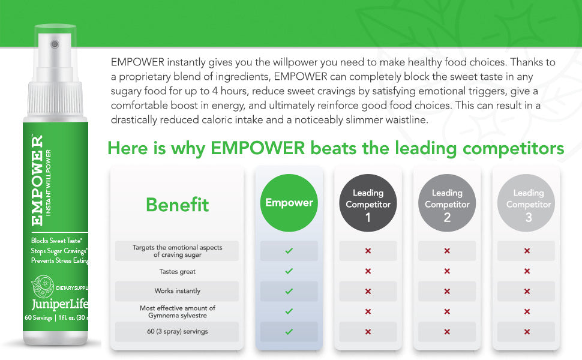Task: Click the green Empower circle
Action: pos(289,203)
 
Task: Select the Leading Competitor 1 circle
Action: pos(368,203)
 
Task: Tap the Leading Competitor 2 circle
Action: pos(447,203)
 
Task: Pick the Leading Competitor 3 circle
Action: pos(528,203)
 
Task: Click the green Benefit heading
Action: pos(178,205)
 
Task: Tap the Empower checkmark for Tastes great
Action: pos(289,271)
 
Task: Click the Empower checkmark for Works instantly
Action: pos(289,291)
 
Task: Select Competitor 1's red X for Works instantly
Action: pos(368,291)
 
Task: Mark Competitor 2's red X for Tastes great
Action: pos(447,271)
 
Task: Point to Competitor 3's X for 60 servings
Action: pos(527,332)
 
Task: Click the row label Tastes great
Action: pos(178,271)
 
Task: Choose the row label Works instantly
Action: pos(178,291)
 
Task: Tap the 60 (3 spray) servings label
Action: pos(178,332)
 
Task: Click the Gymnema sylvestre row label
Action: pos(178,311)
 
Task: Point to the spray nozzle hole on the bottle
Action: pos(54,44)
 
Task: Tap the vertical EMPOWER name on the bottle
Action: pos(37,180)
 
